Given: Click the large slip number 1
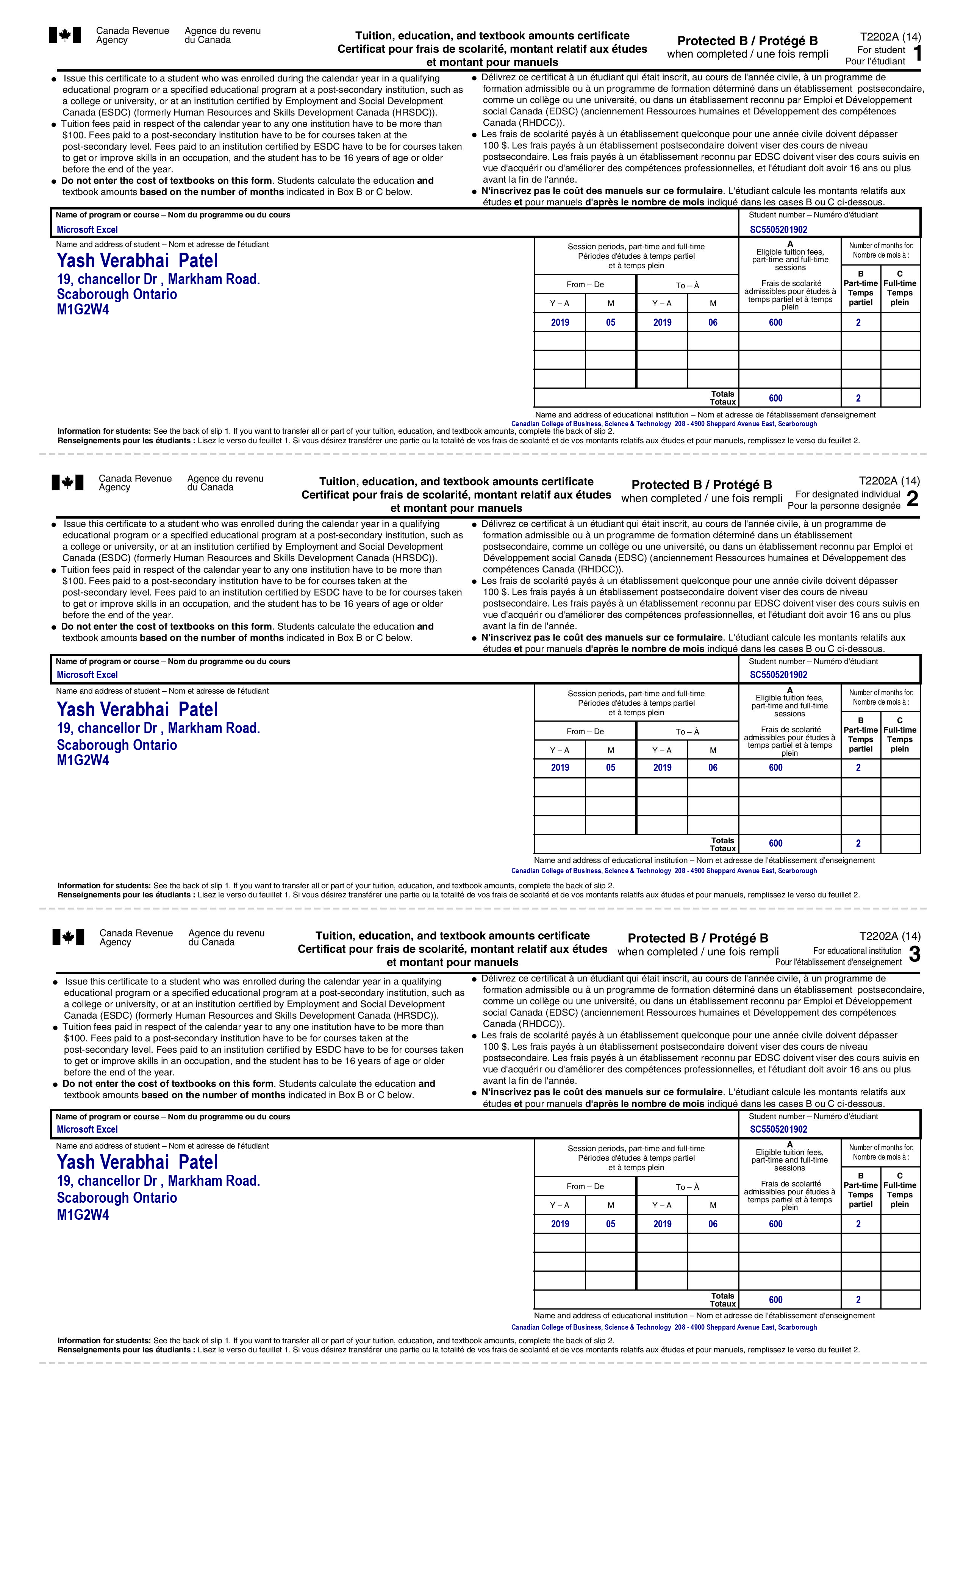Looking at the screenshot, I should click(x=918, y=53).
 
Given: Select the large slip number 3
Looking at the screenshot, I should click(x=914, y=954).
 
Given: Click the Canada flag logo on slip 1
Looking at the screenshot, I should click(x=65, y=35).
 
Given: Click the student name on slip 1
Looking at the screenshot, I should click(x=138, y=261).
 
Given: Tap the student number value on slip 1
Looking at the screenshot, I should click(x=778, y=229).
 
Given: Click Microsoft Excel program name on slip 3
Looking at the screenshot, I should click(x=87, y=1129).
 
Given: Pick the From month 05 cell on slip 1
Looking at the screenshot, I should click(x=611, y=322).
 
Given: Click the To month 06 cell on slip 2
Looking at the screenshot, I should click(x=713, y=768).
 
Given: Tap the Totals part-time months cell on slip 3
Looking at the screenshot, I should click(x=858, y=1300).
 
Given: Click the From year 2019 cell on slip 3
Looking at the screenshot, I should click(x=560, y=1224).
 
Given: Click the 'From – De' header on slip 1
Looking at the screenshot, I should click(x=585, y=285).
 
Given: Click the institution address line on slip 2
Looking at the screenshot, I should click(x=664, y=871).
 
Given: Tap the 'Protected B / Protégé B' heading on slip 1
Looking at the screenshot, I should click(x=747, y=41).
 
